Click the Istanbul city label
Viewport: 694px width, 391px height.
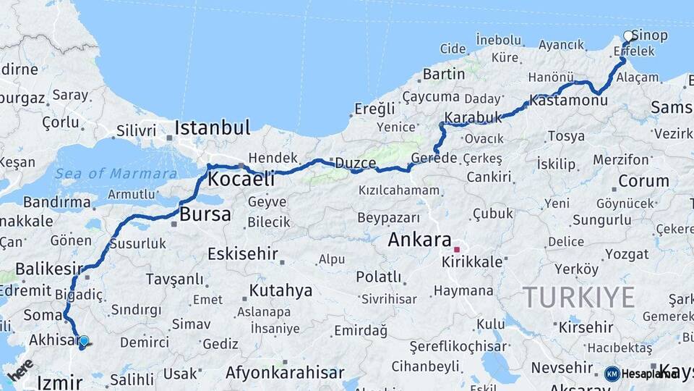click(212, 128)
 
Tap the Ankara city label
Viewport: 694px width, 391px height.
click(419, 240)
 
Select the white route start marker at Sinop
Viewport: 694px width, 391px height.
click(629, 35)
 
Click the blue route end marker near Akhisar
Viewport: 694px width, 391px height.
click(84, 340)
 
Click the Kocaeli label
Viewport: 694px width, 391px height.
click(241, 178)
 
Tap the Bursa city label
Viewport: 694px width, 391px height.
click(205, 214)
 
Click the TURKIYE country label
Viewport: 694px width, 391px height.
click(578, 297)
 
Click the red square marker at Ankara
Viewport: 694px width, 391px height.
click(457, 249)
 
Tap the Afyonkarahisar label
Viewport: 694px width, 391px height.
click(285, 373)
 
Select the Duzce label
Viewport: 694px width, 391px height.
click(354, 163)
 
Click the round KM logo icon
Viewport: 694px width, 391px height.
click(612, 374)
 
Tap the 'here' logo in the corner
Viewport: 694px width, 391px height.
click(20, 369)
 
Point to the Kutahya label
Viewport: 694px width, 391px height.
click(280, 290)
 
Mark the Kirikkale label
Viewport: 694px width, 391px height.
click(472, 262)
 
